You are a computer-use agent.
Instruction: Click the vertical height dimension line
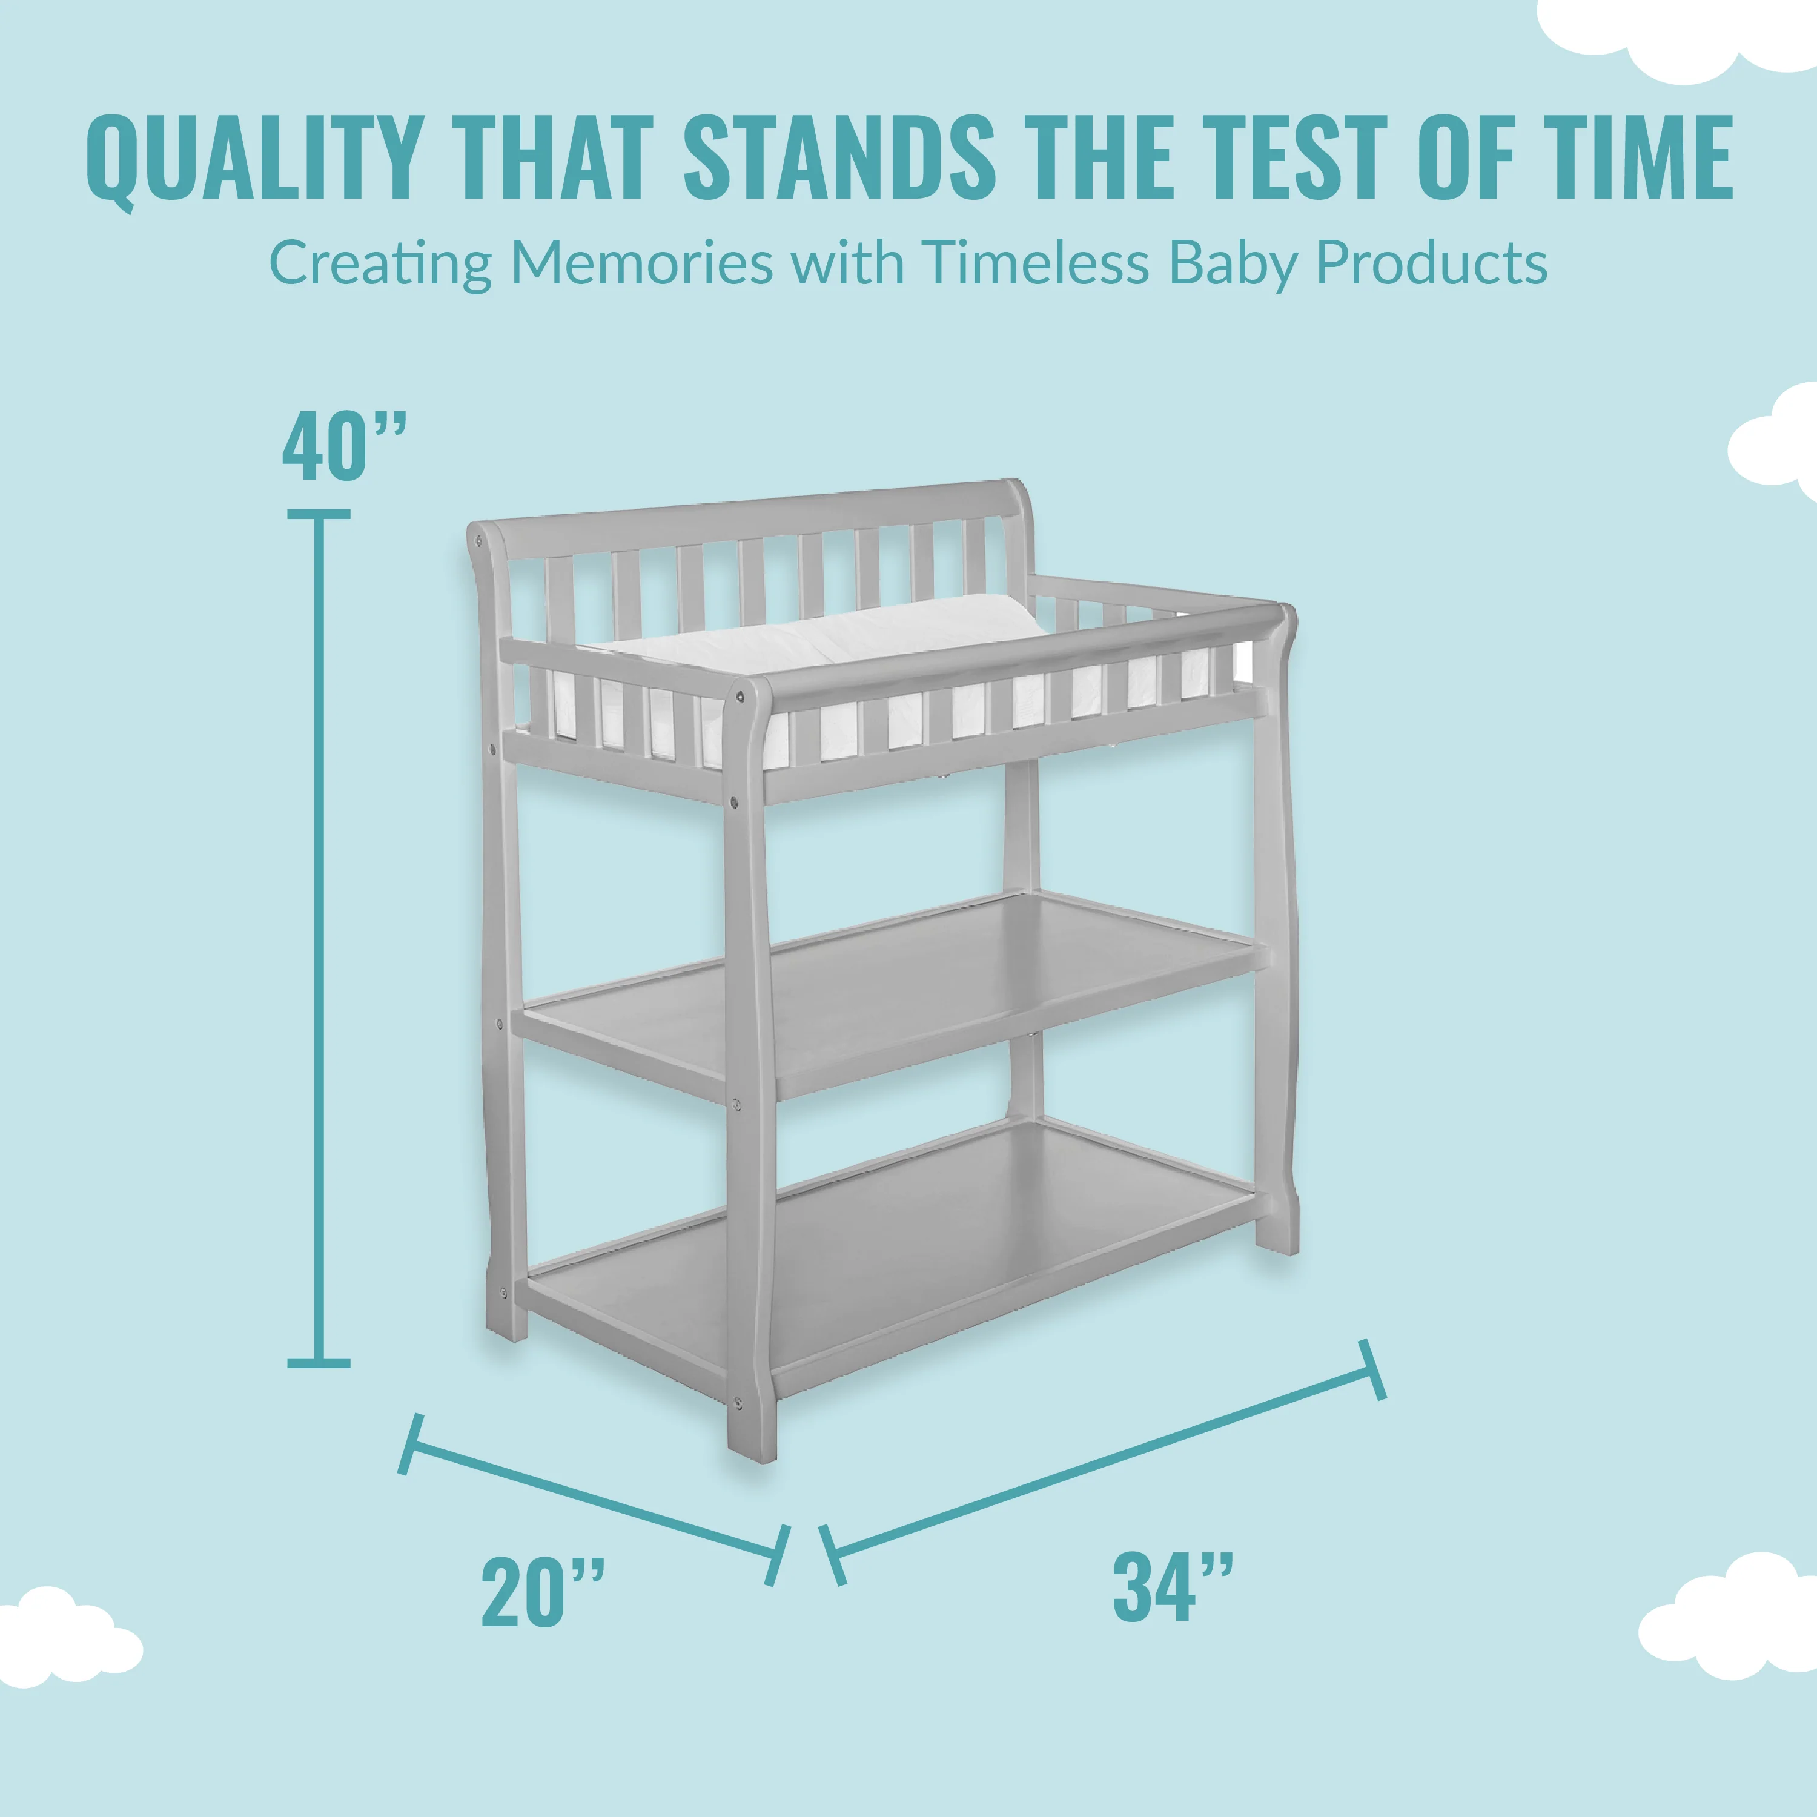[x=319, y=938]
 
